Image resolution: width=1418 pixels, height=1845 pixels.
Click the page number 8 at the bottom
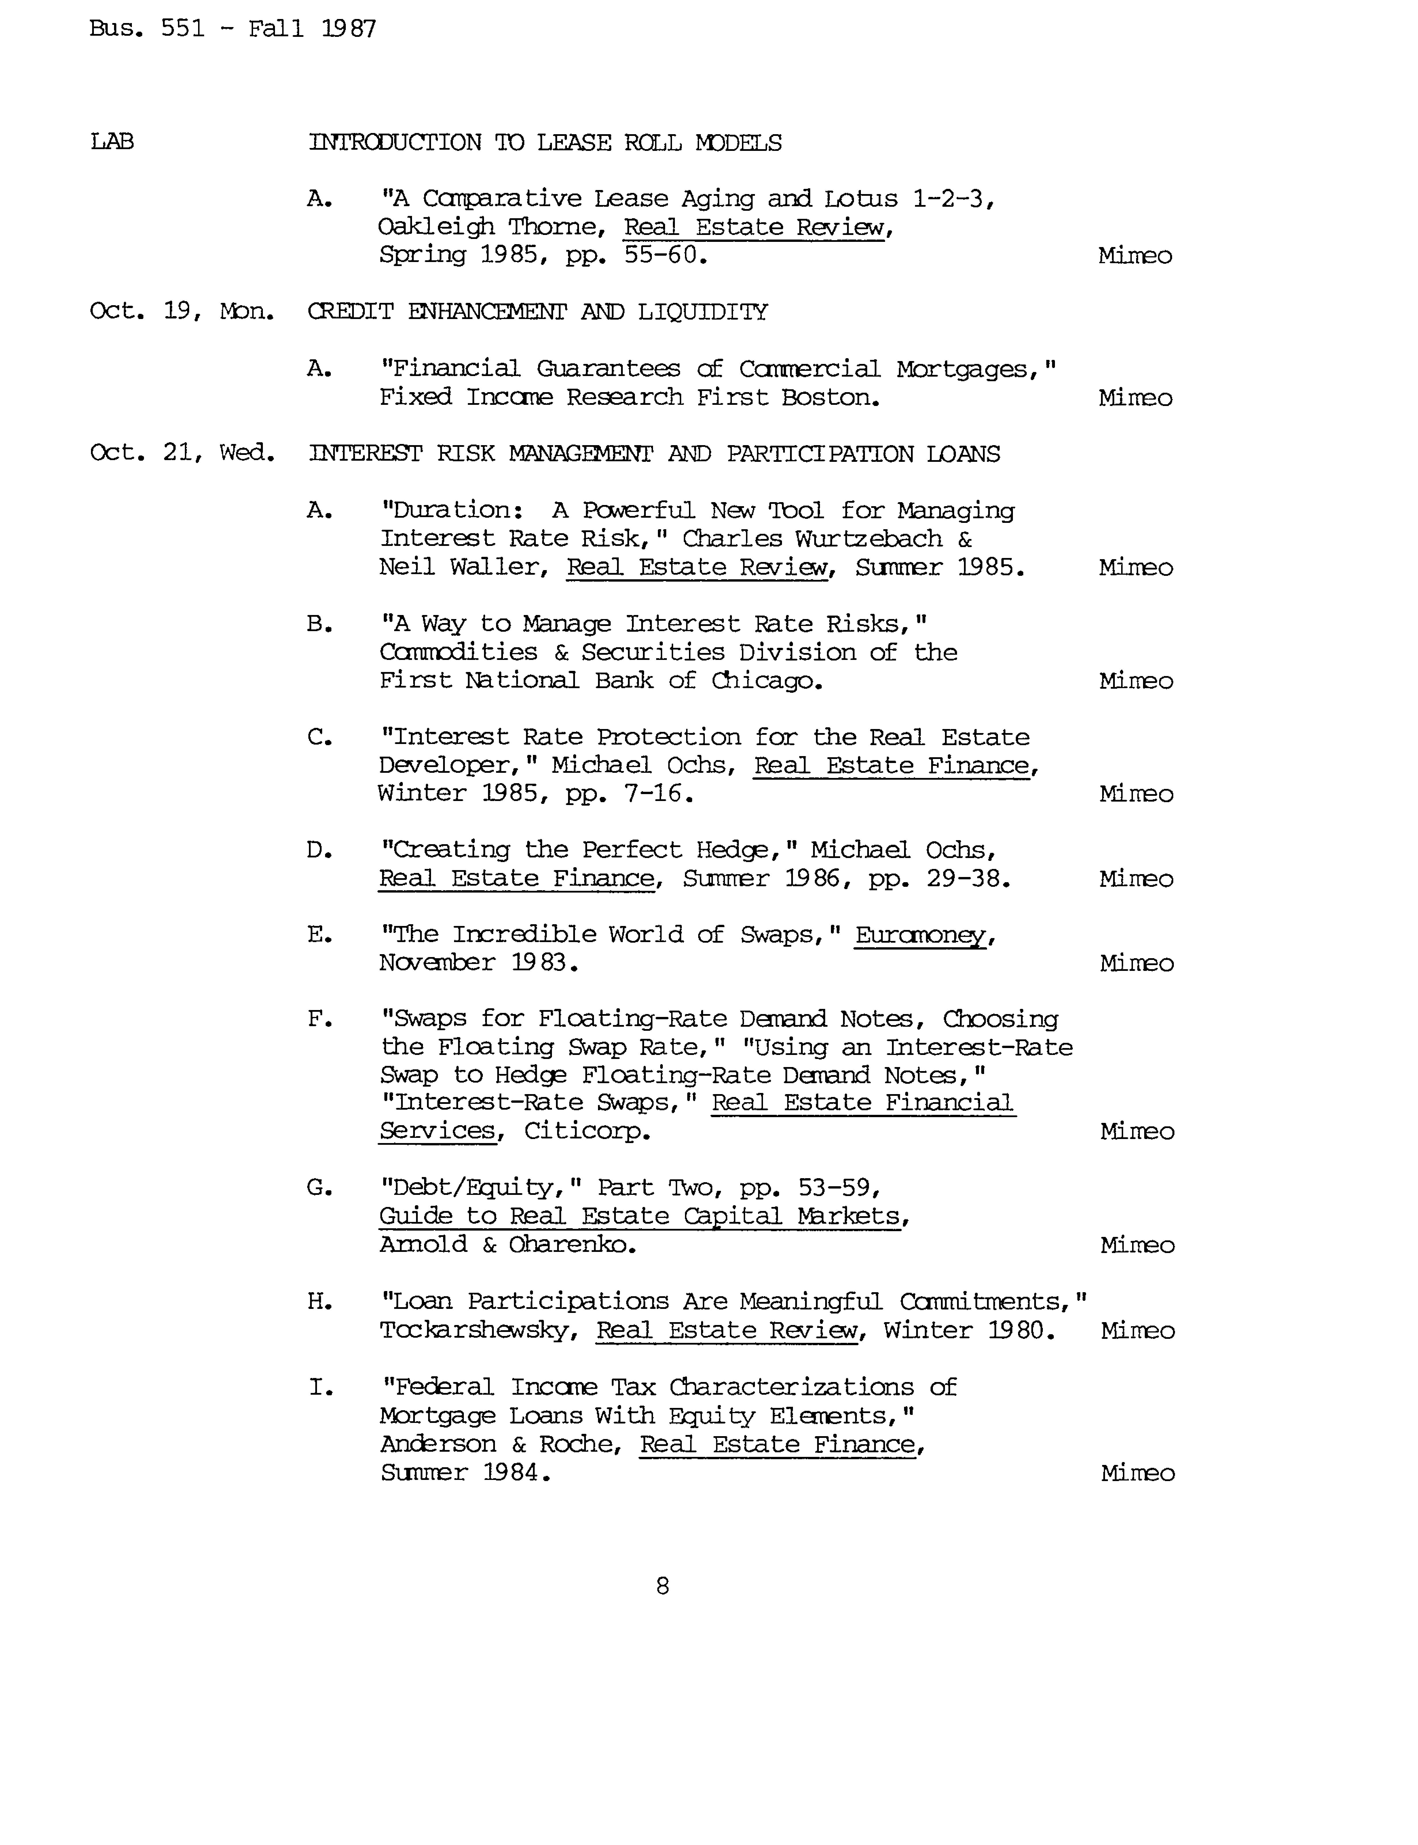click(x=663, y=1586)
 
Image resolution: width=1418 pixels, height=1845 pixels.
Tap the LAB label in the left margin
click(x=112, y=142)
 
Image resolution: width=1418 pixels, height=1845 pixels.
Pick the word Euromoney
click(x=920, y=935)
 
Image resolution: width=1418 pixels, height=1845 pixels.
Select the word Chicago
click(x=766, y=680)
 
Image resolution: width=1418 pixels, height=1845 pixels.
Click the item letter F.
click(x=319, y=1020)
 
